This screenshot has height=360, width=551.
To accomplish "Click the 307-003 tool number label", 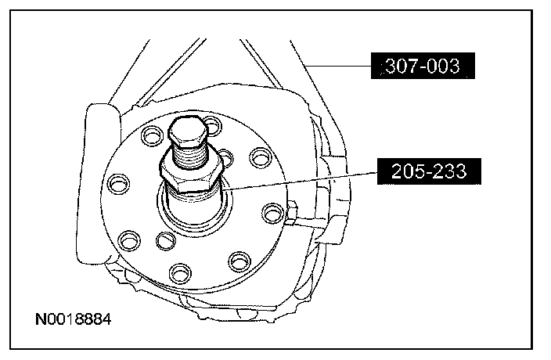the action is tap(423, 66).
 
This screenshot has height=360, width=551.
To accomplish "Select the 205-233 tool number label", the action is tap(429, 171).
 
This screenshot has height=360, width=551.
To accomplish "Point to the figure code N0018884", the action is tap(74, 319).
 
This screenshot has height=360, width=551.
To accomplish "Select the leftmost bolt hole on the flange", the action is tap(118, 183).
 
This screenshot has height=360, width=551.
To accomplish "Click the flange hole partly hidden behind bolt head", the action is tap(213, 125).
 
